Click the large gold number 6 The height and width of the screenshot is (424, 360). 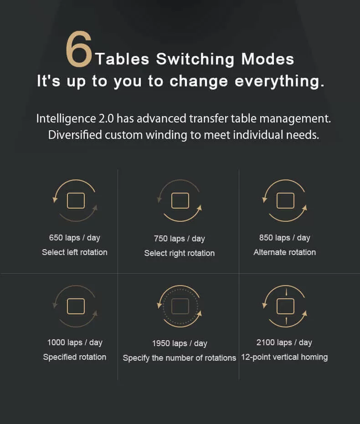(x=79, y=49)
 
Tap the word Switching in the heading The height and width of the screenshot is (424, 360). (x=195, y=59)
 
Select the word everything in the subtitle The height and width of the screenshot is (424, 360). (x=279, y=81)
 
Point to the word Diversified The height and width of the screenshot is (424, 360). (x=75, y=135)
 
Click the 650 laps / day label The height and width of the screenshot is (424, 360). (x=75, y=238)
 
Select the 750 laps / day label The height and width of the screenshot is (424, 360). (x=180, y=239)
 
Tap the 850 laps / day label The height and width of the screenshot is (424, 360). (x=284, y=238)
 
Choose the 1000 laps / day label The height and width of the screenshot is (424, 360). (x=75, y=342)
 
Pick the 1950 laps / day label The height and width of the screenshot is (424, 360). (x=180, y=343)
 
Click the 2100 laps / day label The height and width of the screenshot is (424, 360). (x=284, y=342)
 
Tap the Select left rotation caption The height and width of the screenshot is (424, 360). (x=75, y=252)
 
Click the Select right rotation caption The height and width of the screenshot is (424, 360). (x=180, y=253)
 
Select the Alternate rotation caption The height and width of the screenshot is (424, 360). (x=284, y=252)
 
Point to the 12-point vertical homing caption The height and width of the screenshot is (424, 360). (x=284, y=357)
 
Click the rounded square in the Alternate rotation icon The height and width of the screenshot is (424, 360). (x=285, y=193)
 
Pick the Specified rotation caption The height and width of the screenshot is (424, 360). (x=75, y=357)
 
